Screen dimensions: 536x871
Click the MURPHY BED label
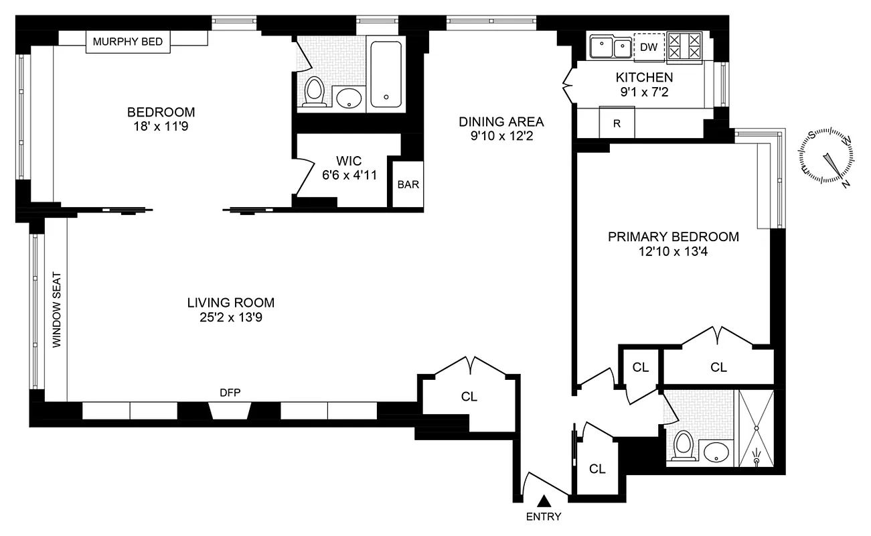pos(128,42)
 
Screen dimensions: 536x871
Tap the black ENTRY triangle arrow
pos(544,500)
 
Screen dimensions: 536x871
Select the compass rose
pos(829,157)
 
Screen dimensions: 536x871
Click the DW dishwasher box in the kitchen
pos(649,47)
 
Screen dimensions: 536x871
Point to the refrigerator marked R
pos(617,124)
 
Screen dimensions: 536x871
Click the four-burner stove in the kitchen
pos(685,48)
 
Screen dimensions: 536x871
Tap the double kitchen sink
pos(611,48)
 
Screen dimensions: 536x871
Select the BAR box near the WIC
pos(408,184)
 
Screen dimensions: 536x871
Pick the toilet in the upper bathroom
pos(313,92)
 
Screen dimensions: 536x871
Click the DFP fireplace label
pos(230,393)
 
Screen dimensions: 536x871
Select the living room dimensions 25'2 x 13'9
pos(230,318)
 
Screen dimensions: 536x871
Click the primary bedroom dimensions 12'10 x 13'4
pos(673,253)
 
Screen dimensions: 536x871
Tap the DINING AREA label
pos(501,122)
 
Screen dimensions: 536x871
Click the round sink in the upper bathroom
pos(349,100)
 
